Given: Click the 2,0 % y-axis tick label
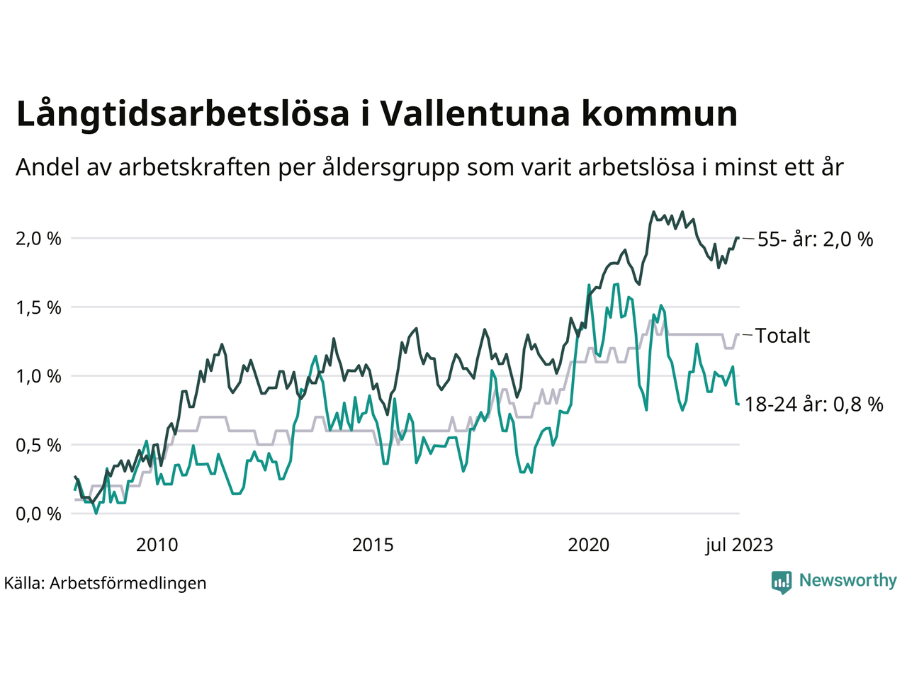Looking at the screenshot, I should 38,239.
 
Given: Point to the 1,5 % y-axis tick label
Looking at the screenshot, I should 38,307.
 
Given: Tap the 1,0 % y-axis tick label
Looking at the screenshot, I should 38,376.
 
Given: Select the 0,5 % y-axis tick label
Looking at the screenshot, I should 38,445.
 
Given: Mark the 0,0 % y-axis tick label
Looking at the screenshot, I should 38,514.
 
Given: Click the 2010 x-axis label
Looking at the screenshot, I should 157,545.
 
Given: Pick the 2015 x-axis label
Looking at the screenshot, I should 373,545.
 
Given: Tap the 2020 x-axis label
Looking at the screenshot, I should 589,545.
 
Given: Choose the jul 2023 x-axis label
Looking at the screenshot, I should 739,545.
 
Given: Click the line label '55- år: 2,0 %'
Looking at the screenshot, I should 815,239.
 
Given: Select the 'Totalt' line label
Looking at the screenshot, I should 782,336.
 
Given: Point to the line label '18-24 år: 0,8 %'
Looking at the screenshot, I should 814,404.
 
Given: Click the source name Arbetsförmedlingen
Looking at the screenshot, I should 128,583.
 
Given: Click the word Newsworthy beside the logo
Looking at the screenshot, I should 847,581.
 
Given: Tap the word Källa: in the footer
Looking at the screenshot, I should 25,583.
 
